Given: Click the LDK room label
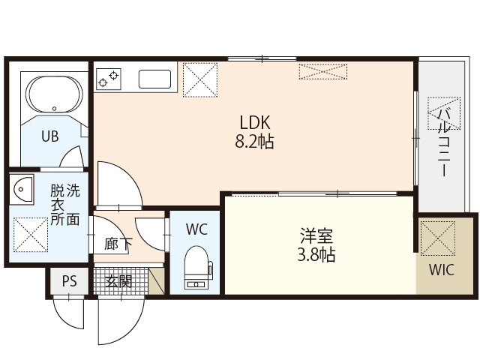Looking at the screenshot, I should (x=254, y=122).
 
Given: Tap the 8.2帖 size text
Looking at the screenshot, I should (x=254, y=141).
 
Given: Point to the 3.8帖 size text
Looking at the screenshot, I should (x=313, y=255).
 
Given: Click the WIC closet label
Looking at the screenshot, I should (x=441, y=271).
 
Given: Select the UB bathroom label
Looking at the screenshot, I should (x=49, y=136).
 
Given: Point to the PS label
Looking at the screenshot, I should (x=69, y=282).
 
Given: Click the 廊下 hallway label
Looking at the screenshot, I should (x=115, y=243).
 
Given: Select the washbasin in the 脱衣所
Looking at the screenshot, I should (x=22, y=190).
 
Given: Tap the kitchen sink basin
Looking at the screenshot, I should (x=155, y=79).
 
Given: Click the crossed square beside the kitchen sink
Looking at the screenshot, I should (x=199, y=79).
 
